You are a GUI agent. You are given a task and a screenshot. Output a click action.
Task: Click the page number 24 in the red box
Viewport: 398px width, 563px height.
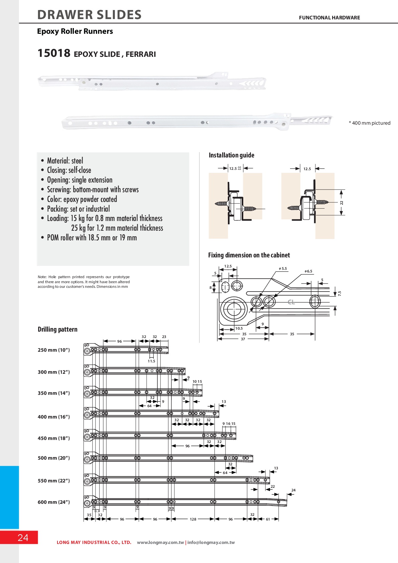click(x=23, y=538)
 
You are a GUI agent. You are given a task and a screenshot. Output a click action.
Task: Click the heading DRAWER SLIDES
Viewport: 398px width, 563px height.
click(x=89, y=15)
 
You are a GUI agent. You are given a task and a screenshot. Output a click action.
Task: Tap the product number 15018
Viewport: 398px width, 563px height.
click(x=54, y=53)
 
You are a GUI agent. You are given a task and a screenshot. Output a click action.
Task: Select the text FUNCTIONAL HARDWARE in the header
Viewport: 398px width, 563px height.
click(x=329, y=18)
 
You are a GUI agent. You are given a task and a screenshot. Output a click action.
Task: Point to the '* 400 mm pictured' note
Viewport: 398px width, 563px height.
click(x=369, y=123)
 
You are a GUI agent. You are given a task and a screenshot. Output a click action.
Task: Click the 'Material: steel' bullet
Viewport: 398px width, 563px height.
click(x=65, y=161)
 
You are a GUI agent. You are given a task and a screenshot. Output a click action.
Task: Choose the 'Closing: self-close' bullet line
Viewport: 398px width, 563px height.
click(x=69, y=170)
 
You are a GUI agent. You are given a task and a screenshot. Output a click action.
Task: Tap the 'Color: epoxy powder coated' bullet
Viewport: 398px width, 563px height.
click(x=82, y=199)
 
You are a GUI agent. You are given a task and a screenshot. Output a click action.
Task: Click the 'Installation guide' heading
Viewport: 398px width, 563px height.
click(x=231, y=155)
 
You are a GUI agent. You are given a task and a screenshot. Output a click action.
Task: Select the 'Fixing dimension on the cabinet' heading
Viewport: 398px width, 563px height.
click(x=249, y=255)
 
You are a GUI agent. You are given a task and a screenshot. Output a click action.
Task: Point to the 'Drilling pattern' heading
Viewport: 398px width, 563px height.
click(x=57, y=329)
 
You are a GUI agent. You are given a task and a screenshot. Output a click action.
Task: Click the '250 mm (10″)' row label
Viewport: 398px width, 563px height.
click(x=53, y=350)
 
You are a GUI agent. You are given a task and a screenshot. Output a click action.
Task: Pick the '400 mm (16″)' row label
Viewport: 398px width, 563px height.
click(x=53, y=417)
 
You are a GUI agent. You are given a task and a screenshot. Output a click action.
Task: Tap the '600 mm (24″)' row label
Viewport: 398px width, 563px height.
click(x=53, y=502)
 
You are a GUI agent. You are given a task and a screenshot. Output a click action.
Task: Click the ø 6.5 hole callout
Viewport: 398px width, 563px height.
click(x=308, y=271)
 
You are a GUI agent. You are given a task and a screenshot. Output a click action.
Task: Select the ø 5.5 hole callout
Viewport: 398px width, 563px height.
click(x=283, y=268)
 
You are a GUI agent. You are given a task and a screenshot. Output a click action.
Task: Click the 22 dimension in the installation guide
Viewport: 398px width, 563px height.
click(x=342, y=203)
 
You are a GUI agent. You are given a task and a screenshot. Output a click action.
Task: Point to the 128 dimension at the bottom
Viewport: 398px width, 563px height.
click(x=193, y=519)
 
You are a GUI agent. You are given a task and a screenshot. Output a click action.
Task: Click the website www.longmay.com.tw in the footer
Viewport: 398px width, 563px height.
click(x=160, y=543)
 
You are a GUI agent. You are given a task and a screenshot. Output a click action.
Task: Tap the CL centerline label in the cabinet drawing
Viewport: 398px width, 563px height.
click(x=291, y=302)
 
